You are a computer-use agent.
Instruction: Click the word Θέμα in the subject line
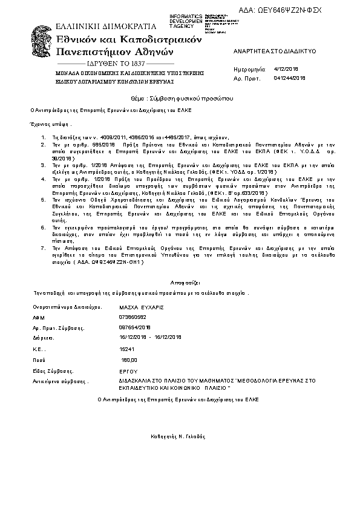click(138, 98)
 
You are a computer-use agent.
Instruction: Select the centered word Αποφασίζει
click(180, 282)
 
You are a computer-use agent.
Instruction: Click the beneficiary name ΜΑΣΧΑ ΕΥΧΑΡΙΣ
click(142, 307)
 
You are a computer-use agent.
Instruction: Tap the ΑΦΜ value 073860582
click(133, 317)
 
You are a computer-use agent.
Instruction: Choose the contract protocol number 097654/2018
click(135, 327)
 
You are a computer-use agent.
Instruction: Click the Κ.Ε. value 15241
click(127, 349)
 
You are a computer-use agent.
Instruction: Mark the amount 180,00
click(129, 360)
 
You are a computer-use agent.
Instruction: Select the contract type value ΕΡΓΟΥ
click(129, 371)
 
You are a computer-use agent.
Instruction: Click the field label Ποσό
click(39, 360)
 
